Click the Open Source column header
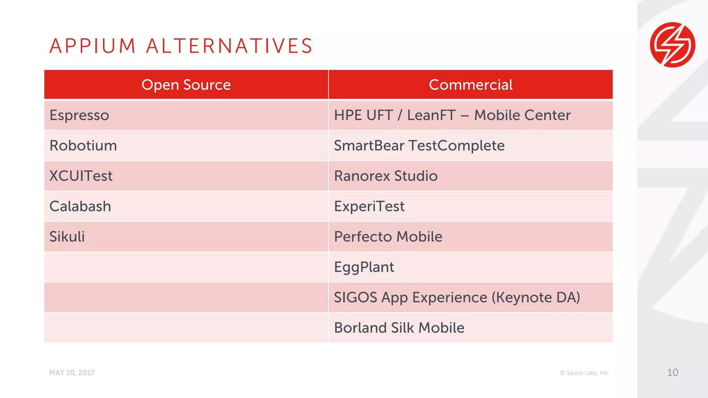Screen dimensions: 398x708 coord(186,85)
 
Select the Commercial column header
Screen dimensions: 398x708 coord(471,85)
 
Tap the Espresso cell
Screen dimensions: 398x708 coord(79,115)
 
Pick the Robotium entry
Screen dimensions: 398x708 coord(83,145)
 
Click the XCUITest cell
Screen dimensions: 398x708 coord(81,176)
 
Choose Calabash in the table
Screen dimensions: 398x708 coord(80,206)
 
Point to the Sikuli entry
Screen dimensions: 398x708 coord(67,237)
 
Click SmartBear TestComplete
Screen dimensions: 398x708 coord(419,145)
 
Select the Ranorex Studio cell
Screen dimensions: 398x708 coord(386,176)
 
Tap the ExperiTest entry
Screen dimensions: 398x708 coord(369,206)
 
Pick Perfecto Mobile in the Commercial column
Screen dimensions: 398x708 coord(388,237)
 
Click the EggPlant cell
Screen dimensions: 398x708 coord(364,267)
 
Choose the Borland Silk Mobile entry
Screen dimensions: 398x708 coord(399,328)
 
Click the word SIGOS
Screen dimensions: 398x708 coord(355,297)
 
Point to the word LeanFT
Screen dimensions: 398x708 coord(431,115)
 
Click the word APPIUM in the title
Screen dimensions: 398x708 coord(93,46)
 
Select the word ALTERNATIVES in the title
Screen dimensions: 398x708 coord(229,46)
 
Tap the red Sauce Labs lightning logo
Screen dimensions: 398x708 coord(672,45)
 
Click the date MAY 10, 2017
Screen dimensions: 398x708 coord(72,373)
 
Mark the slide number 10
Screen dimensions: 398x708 coord(672,372)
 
